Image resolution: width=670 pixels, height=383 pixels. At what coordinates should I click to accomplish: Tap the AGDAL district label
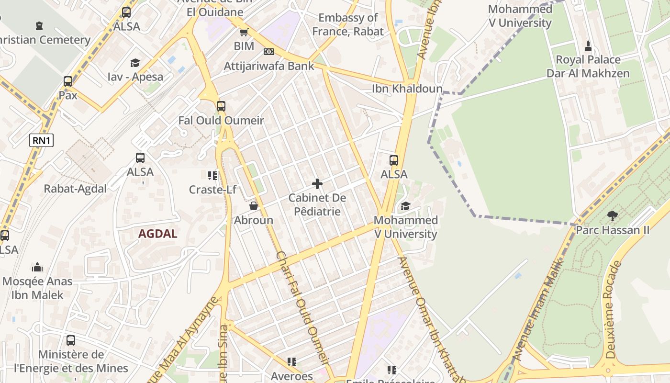pos(158,234)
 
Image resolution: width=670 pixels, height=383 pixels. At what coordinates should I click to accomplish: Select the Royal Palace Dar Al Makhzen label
pos(588,67)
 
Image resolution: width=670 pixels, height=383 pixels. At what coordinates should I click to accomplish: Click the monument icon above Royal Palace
pos(588,46)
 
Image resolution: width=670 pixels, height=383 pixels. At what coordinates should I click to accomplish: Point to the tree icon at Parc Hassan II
pos(612,215)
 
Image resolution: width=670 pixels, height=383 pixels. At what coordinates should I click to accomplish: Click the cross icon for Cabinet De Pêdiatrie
pos(317,184)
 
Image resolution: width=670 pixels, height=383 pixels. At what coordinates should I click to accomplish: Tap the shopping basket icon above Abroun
pos(254,206)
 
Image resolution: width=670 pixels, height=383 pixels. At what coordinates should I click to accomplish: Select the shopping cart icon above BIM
pos(244,33)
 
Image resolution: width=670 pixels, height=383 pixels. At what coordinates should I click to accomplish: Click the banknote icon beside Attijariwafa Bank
pos(269,52)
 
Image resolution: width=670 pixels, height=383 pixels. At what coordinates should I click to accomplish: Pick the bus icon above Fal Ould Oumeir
pos(221,106)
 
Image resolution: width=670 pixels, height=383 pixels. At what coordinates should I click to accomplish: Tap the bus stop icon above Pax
pos(68,81)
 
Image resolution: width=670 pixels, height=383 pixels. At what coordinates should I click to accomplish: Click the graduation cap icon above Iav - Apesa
pos(135,63)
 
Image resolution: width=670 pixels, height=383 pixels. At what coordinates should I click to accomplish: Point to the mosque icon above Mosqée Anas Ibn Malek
pos(37,267)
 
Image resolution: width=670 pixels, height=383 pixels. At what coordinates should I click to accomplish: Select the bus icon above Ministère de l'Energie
pos(71,340)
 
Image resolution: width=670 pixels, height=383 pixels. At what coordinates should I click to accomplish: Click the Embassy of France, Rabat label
pos(348,24)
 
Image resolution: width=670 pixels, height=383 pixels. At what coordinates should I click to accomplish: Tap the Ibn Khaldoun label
pos(407,89)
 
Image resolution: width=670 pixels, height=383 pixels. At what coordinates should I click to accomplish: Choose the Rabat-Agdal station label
pos(76,189)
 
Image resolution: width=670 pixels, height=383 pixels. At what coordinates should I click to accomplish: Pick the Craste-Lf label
pos(212,190)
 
